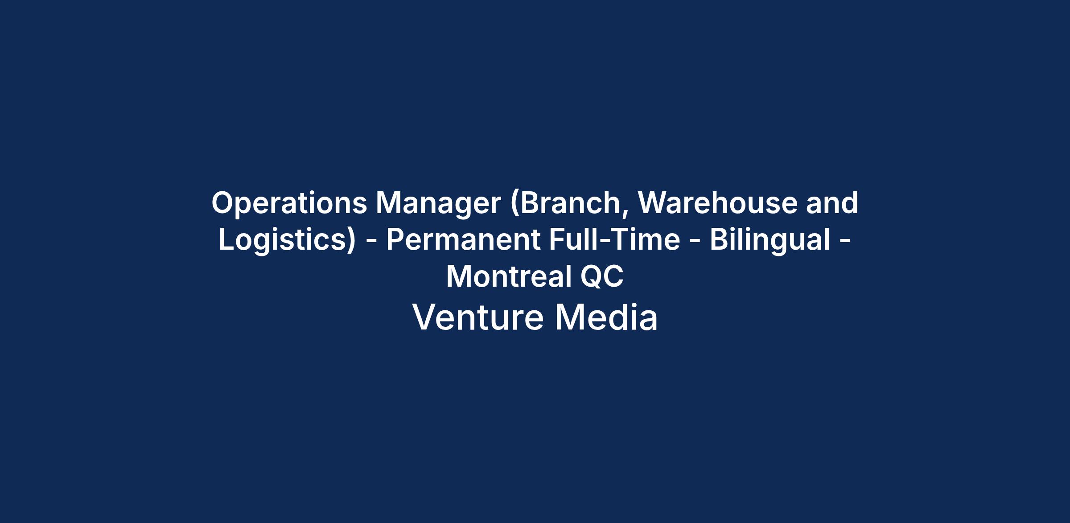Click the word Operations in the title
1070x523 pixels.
point(289,203)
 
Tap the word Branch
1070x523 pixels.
point(569,203)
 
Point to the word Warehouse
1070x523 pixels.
point(717,203)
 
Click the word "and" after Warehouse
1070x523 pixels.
point(832,203)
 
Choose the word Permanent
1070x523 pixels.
point(463,240)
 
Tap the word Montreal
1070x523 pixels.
point(509,276)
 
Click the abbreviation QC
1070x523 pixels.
point(602,276)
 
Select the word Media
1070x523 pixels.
point(606,317)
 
